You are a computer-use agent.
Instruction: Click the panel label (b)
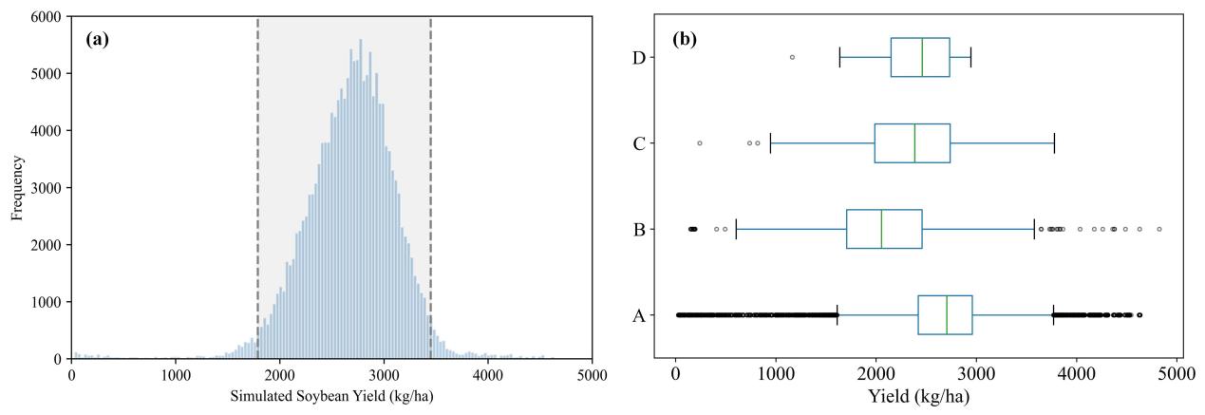(688, 41)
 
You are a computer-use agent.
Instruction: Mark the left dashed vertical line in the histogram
(257, 188)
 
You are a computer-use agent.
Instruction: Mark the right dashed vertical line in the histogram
(430, 188)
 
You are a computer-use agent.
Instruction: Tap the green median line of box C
(914, 143)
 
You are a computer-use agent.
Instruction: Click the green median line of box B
(881, 229)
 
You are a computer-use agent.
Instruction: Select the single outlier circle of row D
(792, 57)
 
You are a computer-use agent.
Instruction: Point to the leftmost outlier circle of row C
(700, 143)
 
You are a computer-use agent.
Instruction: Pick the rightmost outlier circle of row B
(1159, 229)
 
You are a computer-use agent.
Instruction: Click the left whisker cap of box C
(770, 143)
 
